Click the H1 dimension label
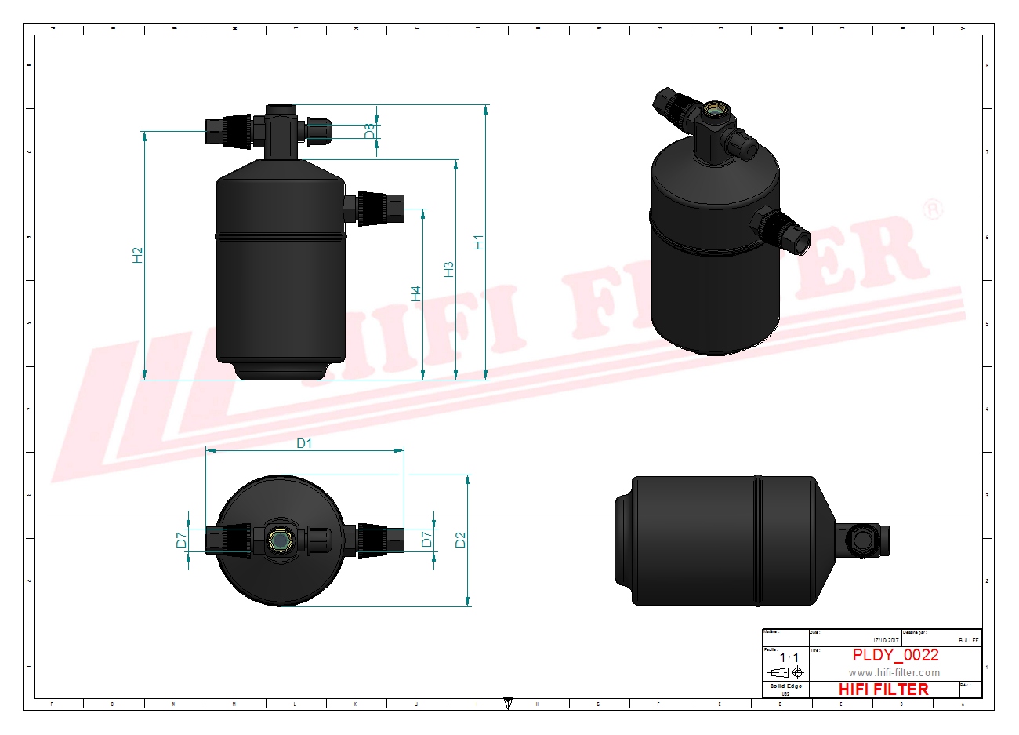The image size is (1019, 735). (x=479, y=242)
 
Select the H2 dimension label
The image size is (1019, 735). (x=138, y=255)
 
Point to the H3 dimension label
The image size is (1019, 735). (x=448, y=269)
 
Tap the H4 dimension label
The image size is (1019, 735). (x=416, y=293)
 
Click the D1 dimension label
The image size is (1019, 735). (x=304, y=443)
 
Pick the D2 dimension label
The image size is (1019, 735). (x=460, y=540)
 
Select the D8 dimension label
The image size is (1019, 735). (x=370, y=131)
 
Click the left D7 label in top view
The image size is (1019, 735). (x=181, y=540)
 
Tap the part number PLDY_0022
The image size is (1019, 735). (x=895, y=655)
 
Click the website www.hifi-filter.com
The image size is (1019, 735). (x=894, y=673)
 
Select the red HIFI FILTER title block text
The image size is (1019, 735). (x=883, y=690)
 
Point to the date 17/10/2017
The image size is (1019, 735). (x=884, y=640)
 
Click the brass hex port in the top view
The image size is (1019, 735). (x=280, y=540)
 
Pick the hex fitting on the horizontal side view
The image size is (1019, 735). (x=865, y=540)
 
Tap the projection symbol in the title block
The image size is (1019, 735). (x=785, y=673)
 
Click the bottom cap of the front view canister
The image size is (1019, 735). (x=281, y=371)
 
